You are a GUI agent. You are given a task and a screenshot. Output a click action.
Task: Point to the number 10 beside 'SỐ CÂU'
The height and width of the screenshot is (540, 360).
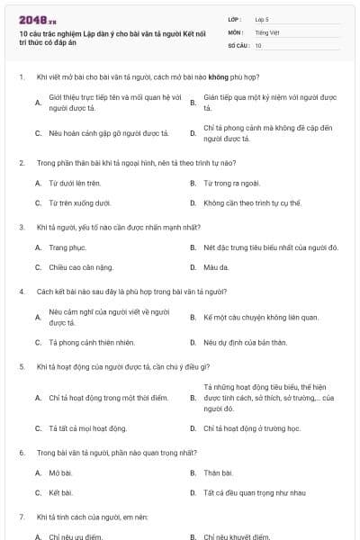(x=258, y=44)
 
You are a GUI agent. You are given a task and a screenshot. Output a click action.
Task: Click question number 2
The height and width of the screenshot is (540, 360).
(x=21, y=163)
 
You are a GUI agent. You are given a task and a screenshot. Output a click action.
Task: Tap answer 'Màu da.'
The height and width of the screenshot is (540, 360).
(x=217, y=267)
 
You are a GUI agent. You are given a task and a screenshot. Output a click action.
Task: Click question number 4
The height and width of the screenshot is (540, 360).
(x=21, y=292)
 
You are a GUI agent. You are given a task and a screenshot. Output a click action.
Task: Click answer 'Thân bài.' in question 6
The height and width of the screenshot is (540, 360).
(x=219, y=472)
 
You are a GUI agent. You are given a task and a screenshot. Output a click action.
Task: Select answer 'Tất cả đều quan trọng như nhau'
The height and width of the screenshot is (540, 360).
(x=255, y=493)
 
